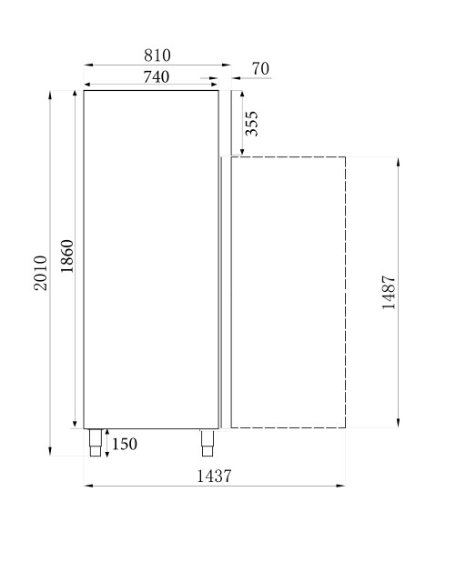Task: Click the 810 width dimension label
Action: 156,56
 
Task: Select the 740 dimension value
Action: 156,77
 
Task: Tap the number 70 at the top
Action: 259,69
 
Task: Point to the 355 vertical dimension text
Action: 252,123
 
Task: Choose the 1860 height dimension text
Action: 66,257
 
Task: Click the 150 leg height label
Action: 124,444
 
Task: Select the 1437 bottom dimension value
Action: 214,476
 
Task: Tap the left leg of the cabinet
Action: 95,442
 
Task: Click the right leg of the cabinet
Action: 207,442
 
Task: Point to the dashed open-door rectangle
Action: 288,292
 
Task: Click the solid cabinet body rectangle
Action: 151,259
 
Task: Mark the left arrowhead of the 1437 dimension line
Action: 87,486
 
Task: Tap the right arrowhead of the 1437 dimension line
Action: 342,486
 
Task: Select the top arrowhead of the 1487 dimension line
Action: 399,160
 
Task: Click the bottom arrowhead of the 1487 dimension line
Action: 399,424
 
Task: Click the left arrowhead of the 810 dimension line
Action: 87,65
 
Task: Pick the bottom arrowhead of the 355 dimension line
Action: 242,153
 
